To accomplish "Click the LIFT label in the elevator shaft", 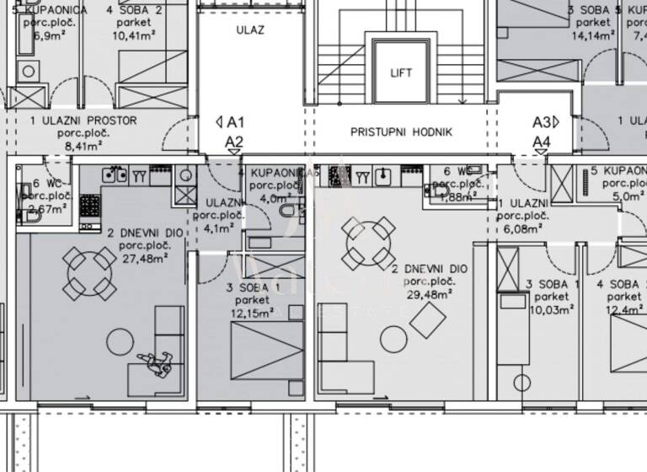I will coord(402,72).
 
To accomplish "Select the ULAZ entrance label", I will coord(250,29).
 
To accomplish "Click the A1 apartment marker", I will coord(230,122).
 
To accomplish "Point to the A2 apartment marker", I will coord(234,142).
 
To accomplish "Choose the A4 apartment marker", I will coord(542,142).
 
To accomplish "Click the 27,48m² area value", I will coord(142,258).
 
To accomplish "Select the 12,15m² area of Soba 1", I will coord(254,313).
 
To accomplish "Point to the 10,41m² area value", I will coord(135,36).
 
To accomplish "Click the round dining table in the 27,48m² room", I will coord(91,272).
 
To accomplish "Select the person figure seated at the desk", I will coord(157,362).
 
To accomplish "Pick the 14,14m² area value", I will coord(591,36).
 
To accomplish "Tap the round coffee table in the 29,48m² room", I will coord(393,340).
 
